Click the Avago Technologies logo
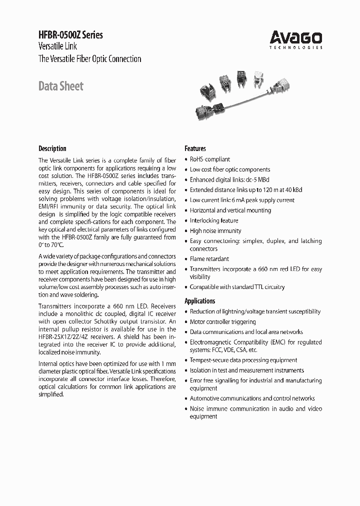click(296, 39)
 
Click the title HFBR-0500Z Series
click(70, 35)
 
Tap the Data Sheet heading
click(61, 86)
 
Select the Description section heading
click(52, 148)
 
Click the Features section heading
click(195, 148)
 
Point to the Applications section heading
click(200, 301)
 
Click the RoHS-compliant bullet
click(209, 159)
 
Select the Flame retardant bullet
click(209, 259)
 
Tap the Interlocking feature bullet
click(213, 220)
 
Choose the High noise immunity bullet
click(215, 231)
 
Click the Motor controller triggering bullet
click(222, 322)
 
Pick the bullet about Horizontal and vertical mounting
click(230, 210)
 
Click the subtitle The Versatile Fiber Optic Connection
click(90, 59)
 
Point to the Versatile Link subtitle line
click(58, 47)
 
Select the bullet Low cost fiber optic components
click(229, 169)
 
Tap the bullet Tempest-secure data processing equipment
click(243, 360)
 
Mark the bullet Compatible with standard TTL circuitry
click(237, 287)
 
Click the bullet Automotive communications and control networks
click(252, 398)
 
